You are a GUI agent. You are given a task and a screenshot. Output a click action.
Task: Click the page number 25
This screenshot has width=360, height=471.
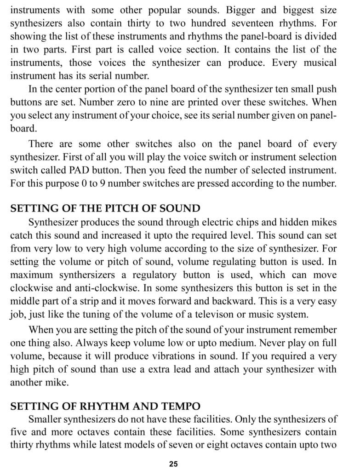pyautogui.click(x=173, y=464)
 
